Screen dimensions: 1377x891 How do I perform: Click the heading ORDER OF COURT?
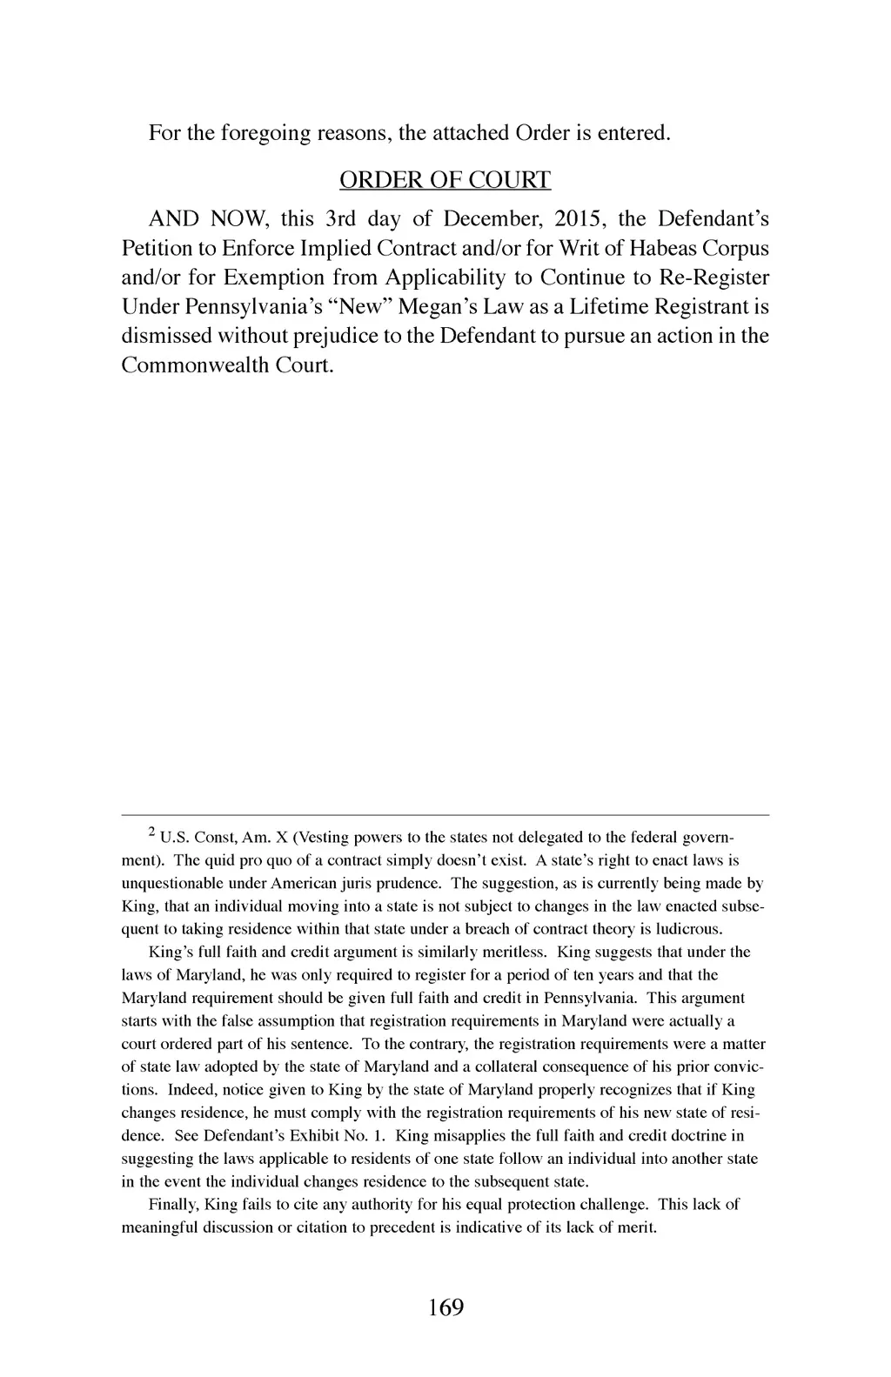445,180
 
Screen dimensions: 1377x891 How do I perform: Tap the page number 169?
445,1307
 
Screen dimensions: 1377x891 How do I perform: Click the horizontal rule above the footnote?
445,815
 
